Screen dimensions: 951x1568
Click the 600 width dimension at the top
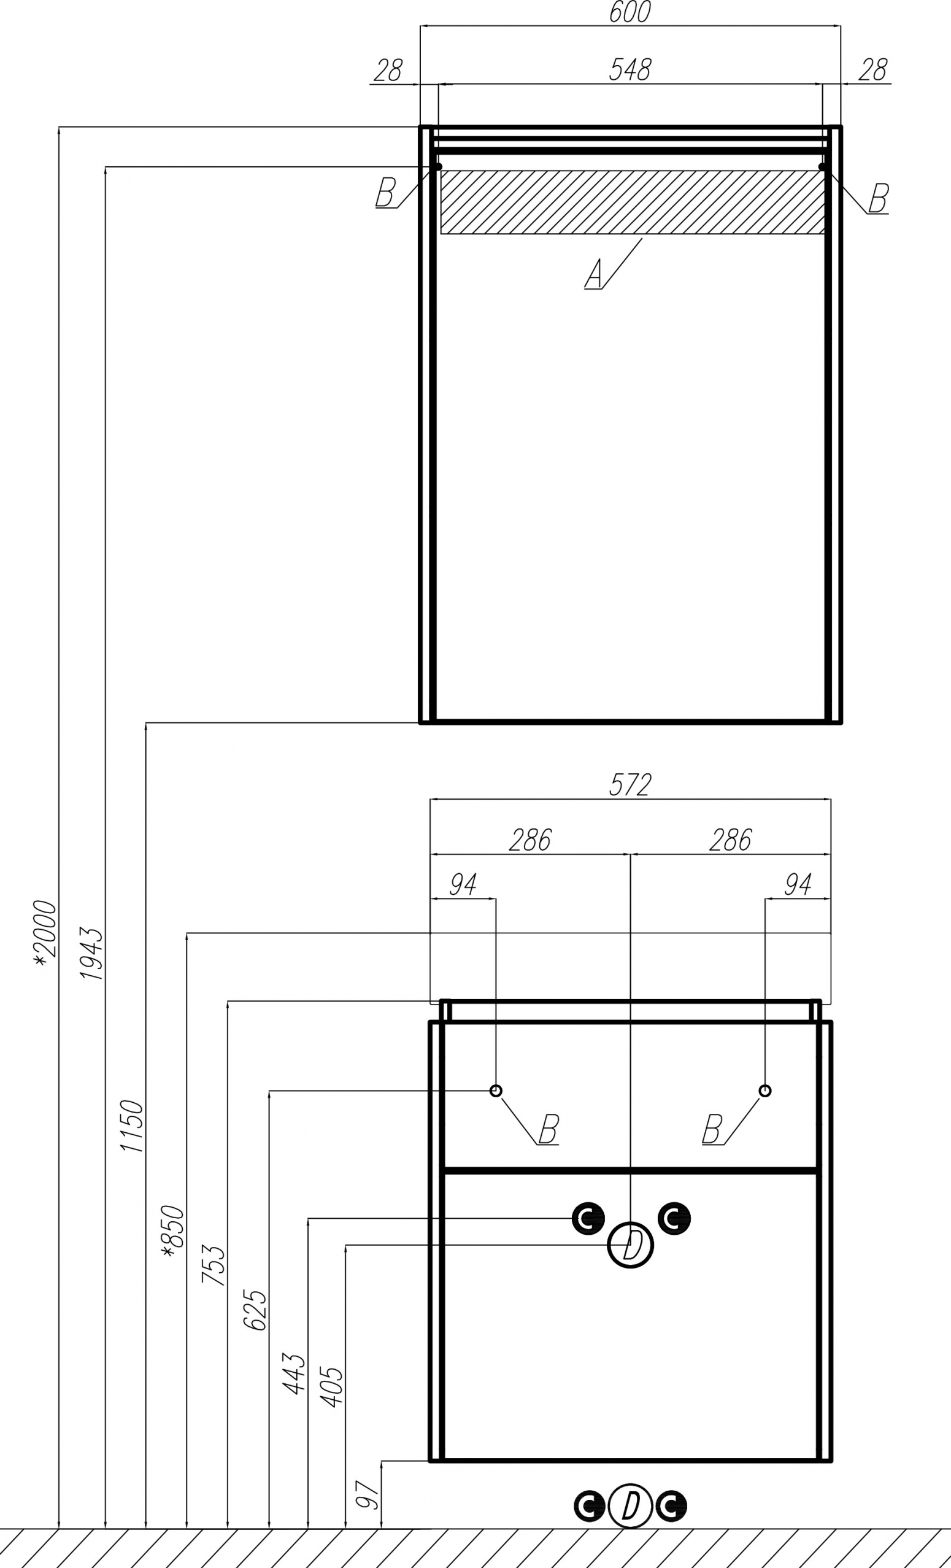point(630,12)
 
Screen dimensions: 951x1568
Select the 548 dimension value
point(630,70)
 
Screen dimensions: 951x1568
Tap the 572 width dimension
point(630,785)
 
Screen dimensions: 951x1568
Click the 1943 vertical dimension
point(91,953)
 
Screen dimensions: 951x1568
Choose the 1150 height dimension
point(133,1126)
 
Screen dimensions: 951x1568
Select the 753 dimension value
point(214,1265)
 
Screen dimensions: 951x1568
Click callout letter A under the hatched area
point(594,274)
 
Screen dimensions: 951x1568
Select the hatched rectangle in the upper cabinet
point(633,202)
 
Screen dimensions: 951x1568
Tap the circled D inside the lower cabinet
point(630,1245)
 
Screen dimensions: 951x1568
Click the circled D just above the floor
point(630,1506)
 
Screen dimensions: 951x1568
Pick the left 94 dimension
point(463,884)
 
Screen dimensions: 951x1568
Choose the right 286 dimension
point(730,840)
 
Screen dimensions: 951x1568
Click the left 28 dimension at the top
point(388,70)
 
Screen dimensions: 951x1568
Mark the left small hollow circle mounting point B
point(496,1091)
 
